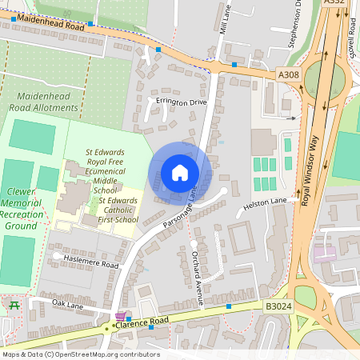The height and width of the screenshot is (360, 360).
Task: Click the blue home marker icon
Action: point(180,173)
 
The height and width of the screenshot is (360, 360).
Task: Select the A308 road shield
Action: point(289,74)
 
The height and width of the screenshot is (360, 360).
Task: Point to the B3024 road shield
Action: point(278,306)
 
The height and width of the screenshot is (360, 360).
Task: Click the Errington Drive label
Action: point(182,103)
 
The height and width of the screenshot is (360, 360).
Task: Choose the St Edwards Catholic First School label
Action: point(116,206)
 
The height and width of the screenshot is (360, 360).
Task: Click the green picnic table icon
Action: point(13,304)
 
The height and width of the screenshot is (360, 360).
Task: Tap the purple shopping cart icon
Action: point(120,318)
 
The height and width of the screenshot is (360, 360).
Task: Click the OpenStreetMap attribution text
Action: point(80,354)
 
